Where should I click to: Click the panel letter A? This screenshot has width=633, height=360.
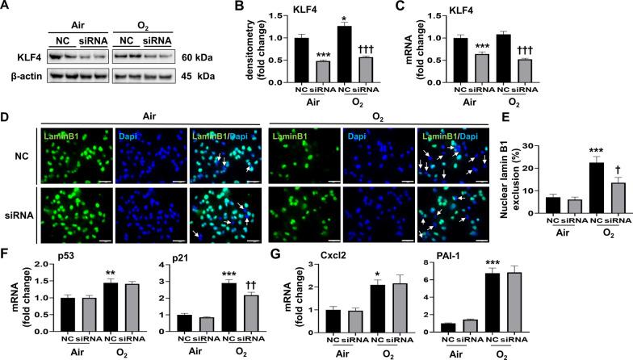pyautogui.click(x=6, y=7)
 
